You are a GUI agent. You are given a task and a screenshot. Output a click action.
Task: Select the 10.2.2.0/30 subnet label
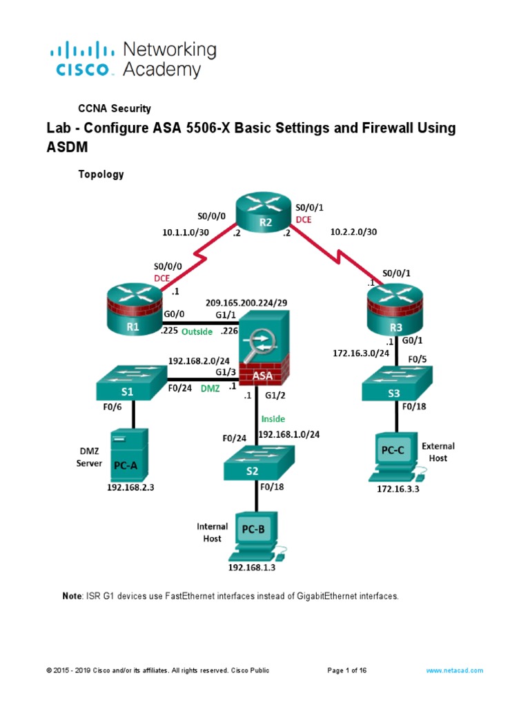click(354, 232)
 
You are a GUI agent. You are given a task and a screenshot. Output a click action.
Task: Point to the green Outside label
click(197, 331)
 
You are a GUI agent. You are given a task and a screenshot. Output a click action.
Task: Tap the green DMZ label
click(210, 389)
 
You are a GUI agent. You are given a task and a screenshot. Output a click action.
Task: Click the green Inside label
click(273, 418)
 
